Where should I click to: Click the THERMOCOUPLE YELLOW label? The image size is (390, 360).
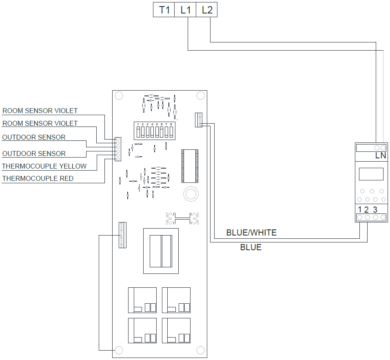click(44, 166)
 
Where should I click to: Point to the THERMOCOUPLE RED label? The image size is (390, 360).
click(38, 178)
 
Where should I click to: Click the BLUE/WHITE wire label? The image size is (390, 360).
click(251, 233)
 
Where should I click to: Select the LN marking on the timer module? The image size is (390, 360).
click(381, 156)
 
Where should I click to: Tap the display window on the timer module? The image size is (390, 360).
click(371, 174)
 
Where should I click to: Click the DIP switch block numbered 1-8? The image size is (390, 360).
click(155, 131)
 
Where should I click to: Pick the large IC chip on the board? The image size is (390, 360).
click(190, 166)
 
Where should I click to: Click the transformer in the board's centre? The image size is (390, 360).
click(161, 251)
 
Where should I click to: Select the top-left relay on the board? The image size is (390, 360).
click(142, 300)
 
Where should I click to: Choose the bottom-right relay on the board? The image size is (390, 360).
click(176, 331)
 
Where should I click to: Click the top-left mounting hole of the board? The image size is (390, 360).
click(119, 96)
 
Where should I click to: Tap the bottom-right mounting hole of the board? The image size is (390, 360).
click(200, 350)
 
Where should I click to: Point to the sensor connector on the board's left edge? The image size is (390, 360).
click(117, 149)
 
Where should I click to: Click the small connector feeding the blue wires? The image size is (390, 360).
click(199, 120)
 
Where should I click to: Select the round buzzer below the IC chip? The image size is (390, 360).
click(190, 193)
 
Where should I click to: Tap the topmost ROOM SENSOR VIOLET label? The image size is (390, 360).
click(40, 111)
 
